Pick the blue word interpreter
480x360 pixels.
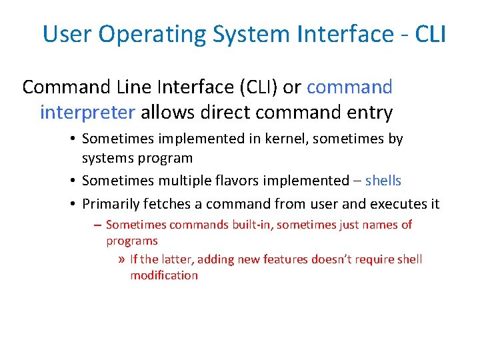[x=87, y=113]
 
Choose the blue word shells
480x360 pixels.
[x=383, y=181]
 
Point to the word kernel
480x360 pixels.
[x=266, y=139]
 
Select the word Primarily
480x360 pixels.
[x=109, y=203]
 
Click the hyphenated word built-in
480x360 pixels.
[x=251, y=225]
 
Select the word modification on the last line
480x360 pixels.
[x=164, y=275]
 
